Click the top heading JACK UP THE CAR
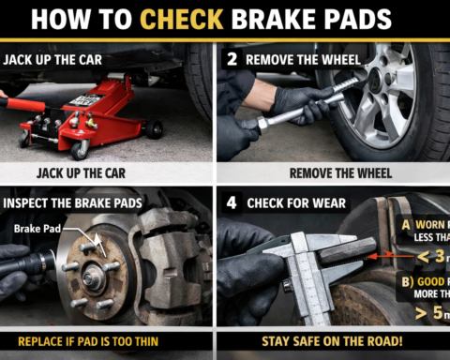click(54, 59)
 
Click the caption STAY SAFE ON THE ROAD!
click(332, 340)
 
